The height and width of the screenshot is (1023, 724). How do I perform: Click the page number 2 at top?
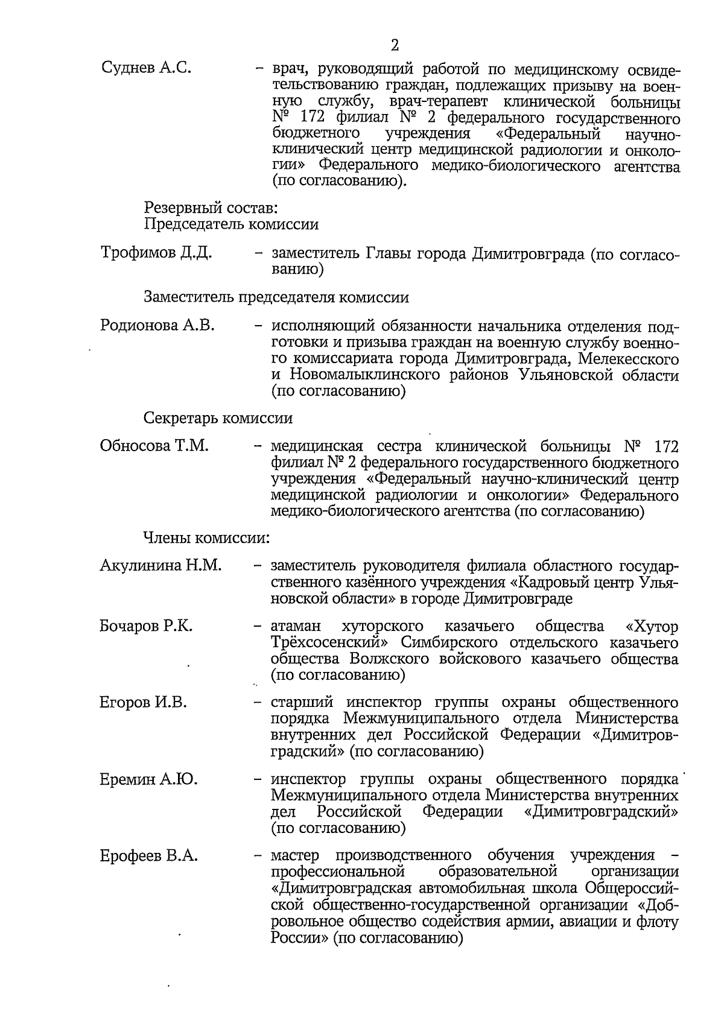tap(395, 45)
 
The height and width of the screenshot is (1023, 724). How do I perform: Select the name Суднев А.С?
tap(146, 68)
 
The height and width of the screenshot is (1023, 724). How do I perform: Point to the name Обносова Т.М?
tap(154, 446)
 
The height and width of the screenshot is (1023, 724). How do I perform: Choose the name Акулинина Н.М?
tap(160, 566)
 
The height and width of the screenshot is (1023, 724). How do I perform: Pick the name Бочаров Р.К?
tap(146, 626)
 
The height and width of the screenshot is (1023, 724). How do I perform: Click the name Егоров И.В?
tap(143, 702)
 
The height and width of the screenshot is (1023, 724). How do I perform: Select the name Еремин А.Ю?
tap(148, 779)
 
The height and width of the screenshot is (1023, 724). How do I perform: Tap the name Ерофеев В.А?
tap(148, 856)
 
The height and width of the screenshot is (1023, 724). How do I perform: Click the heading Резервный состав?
tap(211, 208)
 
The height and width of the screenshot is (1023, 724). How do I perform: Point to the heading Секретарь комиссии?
tap(218, 418)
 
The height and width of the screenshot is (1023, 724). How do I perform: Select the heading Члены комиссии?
tap(206, 536)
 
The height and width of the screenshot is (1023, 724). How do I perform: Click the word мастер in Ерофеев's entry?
tap(295, 856)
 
